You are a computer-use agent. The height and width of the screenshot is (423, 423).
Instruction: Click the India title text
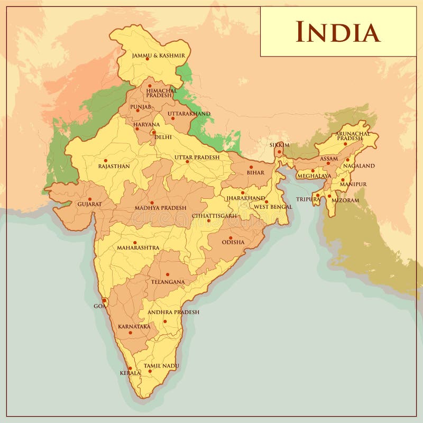pos(337,32)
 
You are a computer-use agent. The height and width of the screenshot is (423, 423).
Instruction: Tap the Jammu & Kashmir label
pos(159,55)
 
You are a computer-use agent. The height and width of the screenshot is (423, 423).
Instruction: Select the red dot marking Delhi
pos(153,132)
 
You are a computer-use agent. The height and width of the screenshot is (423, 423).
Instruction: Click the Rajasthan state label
pos(114,166)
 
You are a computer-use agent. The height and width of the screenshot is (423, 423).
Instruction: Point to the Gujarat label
pos(89,204)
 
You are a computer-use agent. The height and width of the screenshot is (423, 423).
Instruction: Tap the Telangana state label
pos(168,282)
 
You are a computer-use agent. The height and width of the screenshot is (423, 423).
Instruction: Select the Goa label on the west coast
pos(99,306)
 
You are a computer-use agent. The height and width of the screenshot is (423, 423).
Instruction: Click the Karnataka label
pos(134,327)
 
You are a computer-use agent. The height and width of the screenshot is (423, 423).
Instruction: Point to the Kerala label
pos(130,373)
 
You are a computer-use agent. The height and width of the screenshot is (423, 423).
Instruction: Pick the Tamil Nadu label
pos(161,366)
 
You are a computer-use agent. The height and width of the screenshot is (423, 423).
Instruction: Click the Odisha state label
pos(233,242)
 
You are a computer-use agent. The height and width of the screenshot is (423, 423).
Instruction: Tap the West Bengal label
pos(273,207)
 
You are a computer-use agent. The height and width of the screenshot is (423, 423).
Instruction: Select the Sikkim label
pos(280,144)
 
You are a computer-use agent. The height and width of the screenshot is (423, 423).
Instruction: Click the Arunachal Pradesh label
pos(353,136)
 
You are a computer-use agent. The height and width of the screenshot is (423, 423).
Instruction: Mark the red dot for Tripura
pos(317,195)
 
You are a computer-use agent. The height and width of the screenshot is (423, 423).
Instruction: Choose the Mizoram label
pos(345,200)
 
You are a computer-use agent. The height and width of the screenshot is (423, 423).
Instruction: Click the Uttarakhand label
pos(189,114)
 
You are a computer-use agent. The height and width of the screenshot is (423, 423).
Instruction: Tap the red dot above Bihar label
pos(251,167)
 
